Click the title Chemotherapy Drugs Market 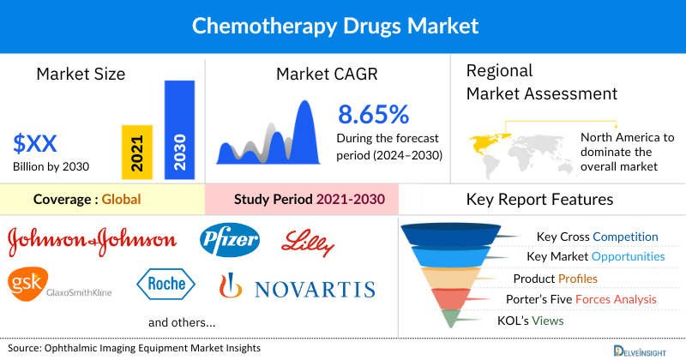click(x=343, y=26)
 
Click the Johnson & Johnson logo click(x=93, y=241)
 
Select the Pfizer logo click(x=230, y=240)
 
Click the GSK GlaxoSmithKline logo click(x=57, y=285)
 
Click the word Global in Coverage click(x=121, y=200)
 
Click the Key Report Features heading click(x=539, y=200)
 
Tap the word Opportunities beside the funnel click(x=626, y=257)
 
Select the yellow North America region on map click(x=487, y=139)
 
